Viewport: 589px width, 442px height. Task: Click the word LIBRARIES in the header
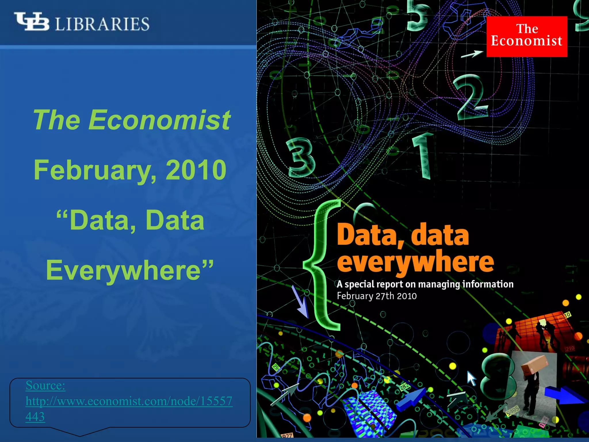102,24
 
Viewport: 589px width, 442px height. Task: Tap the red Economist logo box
527,37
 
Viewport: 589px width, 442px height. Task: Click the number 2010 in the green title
196,170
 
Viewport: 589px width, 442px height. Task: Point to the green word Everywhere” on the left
130,270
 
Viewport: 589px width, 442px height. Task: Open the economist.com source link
129,401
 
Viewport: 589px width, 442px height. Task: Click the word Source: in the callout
45,385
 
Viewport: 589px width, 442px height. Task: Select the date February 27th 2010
377,296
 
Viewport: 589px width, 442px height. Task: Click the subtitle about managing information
425,284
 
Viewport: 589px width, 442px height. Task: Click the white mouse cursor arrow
471,378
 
